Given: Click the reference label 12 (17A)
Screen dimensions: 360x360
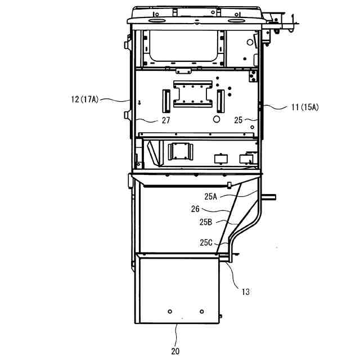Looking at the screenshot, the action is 85,100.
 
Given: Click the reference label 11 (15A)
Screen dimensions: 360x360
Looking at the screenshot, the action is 305,107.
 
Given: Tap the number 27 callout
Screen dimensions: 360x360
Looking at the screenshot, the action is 166,120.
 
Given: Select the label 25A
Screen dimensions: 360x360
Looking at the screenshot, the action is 211,196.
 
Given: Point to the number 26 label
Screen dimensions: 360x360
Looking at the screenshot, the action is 195,209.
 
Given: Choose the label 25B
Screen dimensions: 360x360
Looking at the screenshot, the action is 206,222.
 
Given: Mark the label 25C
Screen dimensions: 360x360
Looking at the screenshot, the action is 206,242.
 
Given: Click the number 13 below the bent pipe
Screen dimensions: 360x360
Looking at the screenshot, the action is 245,292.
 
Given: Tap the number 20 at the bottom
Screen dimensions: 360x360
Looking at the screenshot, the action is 175,351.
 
